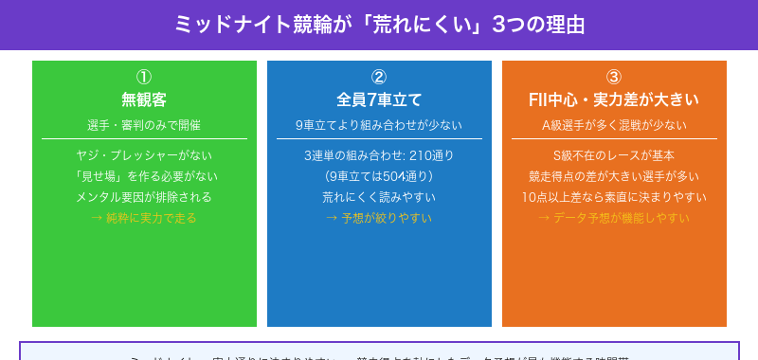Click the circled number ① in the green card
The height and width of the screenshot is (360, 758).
tap(144, 78)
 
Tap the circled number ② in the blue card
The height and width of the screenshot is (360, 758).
tap(379, 78)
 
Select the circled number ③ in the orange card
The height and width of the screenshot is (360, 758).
tap(614, 78)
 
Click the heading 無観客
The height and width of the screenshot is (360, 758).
tap(144, 99)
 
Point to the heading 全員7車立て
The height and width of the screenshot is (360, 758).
tap(379, 99)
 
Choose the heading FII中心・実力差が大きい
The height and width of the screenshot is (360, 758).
tap(614, 99)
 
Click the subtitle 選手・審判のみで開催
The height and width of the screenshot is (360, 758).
tap(144, 125)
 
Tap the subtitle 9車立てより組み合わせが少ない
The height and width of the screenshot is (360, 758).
tap(379, 125)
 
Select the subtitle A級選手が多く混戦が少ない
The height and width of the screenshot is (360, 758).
tap(614, 125)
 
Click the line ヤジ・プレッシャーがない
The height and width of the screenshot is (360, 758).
tap(144, 155)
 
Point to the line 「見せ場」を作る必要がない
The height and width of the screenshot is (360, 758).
tap(144, 176)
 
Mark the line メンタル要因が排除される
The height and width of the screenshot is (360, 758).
tap(144, 197)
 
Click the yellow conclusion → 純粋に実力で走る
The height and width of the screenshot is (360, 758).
tap(144, 218)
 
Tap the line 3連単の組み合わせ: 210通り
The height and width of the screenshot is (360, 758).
tap(379, 155)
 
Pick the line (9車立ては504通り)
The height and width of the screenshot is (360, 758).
tap(379, 176)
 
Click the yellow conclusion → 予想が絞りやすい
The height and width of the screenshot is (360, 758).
tap(379, 218)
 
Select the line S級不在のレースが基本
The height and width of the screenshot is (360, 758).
tap(614, 155)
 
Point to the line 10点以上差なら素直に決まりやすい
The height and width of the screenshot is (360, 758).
tap(614, 197)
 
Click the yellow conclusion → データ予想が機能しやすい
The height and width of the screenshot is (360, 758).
tap(614, 218)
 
